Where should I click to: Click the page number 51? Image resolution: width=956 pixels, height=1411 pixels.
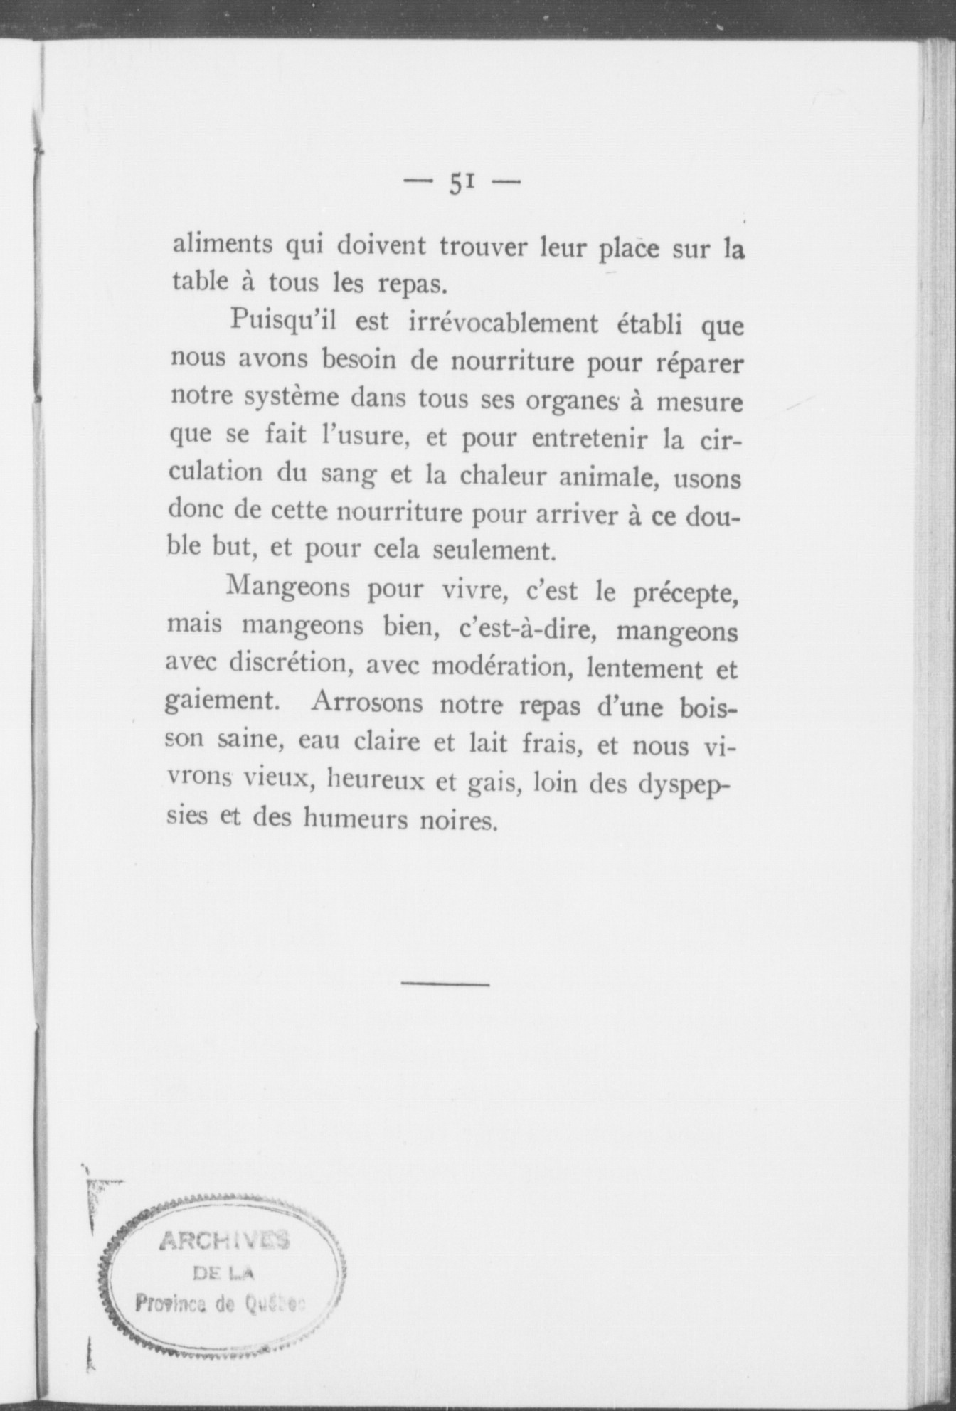tap(462, 184)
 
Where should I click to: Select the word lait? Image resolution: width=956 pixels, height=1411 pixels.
tap(489, 744)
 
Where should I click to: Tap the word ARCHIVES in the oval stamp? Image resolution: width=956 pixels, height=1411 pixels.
tap(224, 1241)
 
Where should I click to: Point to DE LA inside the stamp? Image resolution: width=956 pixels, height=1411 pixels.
tap(224, 1273)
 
